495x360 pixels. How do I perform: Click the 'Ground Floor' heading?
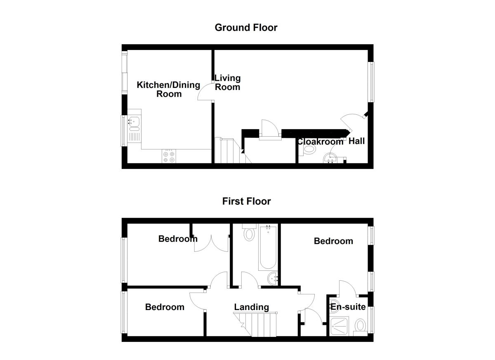click(x=246, y=28)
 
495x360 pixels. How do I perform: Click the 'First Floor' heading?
click(x=246, y=201)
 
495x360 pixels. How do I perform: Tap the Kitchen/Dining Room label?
click(x=168, y=89)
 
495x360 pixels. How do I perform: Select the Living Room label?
click(x=227, y=82)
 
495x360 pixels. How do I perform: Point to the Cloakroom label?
click(x=321, y=142)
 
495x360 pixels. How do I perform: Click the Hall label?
click(x=357, y=141)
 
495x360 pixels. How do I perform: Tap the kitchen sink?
click(x=134, y=122)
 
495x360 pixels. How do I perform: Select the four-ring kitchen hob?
click(x=169, y=156)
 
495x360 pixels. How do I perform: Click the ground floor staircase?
click(x=228, y=150)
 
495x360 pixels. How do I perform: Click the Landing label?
click(x=251, y=307)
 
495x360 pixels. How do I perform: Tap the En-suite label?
click(x=348, y=307)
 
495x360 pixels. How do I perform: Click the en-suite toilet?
click(x=360, y=326)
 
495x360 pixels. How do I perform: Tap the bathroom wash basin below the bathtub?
click(x=273, y=279)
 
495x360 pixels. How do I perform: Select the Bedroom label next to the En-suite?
click(x=333, y=241)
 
